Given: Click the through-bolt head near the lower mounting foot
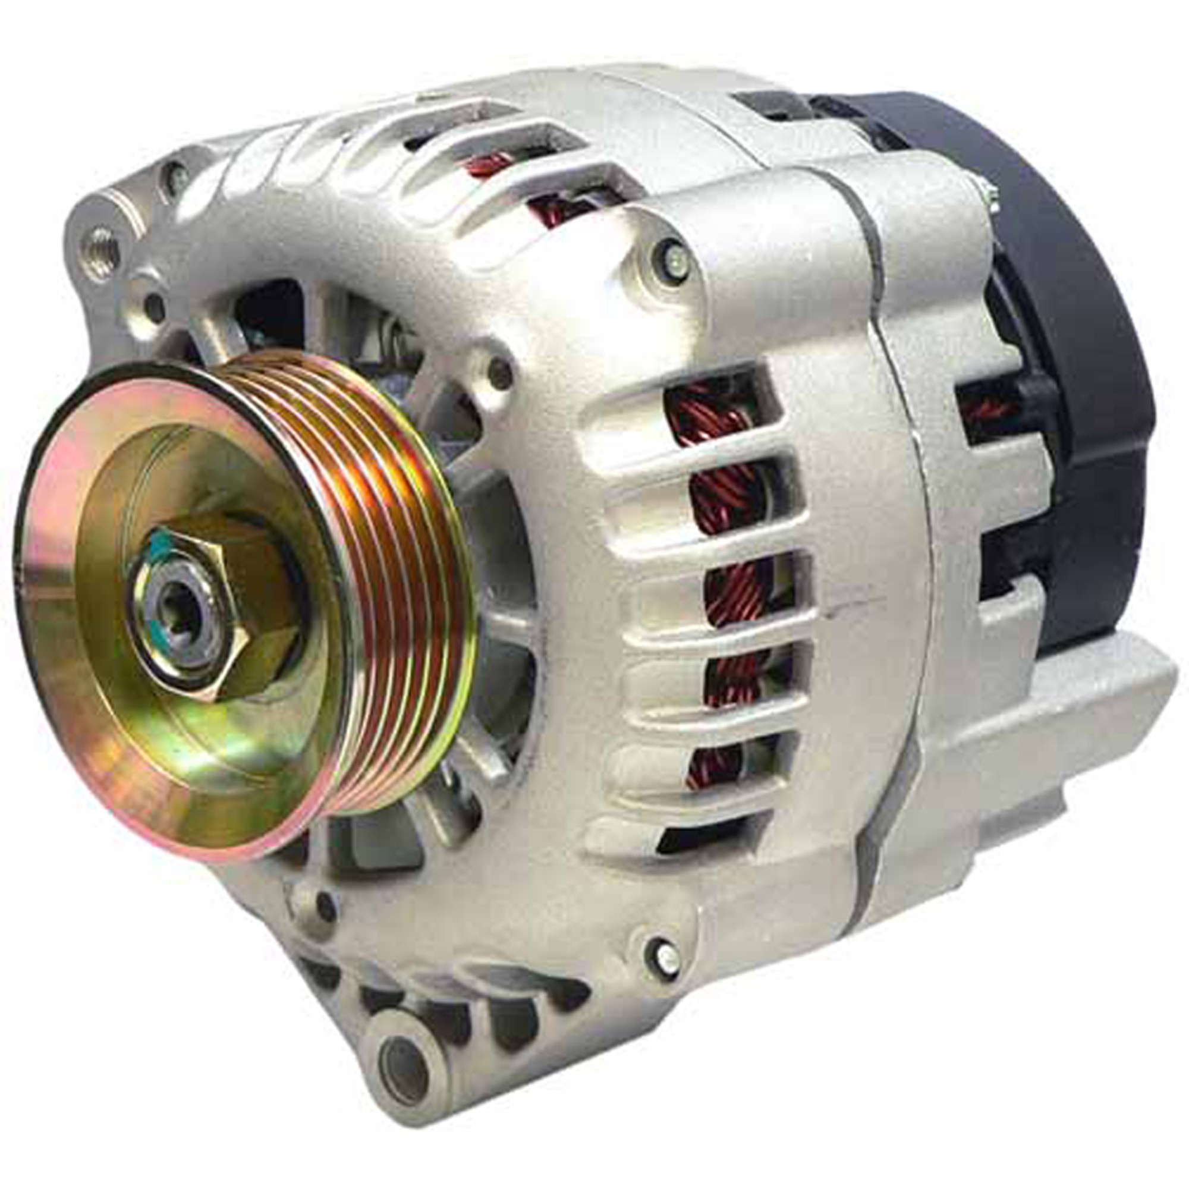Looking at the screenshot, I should (665, 963).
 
